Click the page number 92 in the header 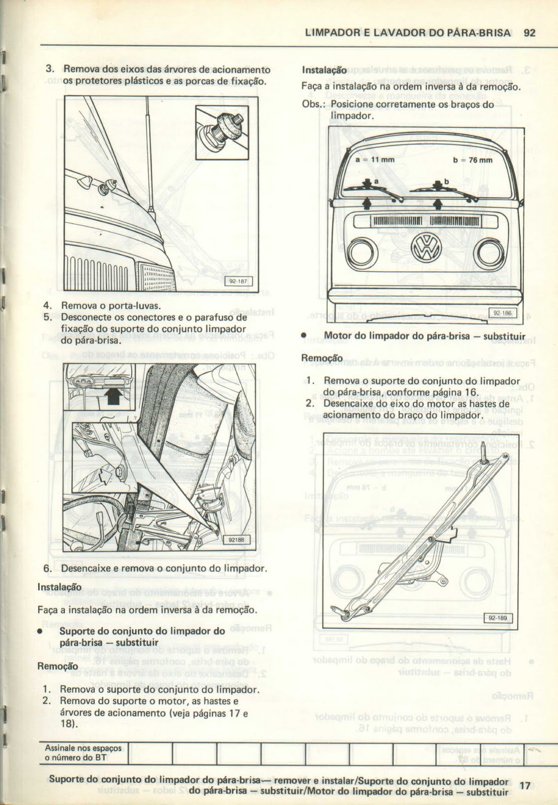(529, 33)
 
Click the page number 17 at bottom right (525, 785)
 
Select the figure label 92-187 (240, 281)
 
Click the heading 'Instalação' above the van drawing (317, 71)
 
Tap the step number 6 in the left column (47, 569)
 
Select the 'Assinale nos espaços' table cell (83, 753)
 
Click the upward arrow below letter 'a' (367, 203)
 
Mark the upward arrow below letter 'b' (437, 203)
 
